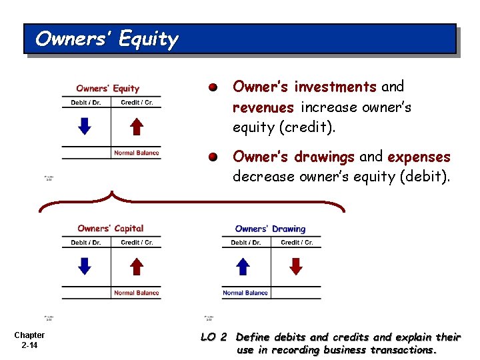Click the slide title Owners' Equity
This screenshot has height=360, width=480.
pos(107,39)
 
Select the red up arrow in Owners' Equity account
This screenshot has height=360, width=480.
pos(136,126)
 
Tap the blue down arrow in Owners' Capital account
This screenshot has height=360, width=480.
pos(85,266)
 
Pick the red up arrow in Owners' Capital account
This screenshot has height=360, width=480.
pos(136,266)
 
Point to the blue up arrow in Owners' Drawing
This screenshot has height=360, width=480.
pos(244,266)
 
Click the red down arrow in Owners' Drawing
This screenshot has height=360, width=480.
pos(296,266)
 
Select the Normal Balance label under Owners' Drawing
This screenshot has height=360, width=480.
pos(245,293)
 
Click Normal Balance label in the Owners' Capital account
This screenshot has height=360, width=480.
pos(136,293)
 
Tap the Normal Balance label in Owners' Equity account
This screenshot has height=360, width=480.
pos(136,153)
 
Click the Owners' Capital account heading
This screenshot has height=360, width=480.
pos(110,229)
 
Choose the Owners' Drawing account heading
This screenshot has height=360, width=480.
pos(270,229)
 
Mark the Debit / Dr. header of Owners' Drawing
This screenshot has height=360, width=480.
pos(245,243)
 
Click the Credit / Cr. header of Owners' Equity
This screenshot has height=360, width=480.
pos(137,103)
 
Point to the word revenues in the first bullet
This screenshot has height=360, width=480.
pos(263,107)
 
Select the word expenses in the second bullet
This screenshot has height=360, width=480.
pos(419,157)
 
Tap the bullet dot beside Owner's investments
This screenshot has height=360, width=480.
pos(212,87)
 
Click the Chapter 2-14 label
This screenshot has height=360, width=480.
pos(29,340)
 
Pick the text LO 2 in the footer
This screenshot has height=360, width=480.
pos(214,337)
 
